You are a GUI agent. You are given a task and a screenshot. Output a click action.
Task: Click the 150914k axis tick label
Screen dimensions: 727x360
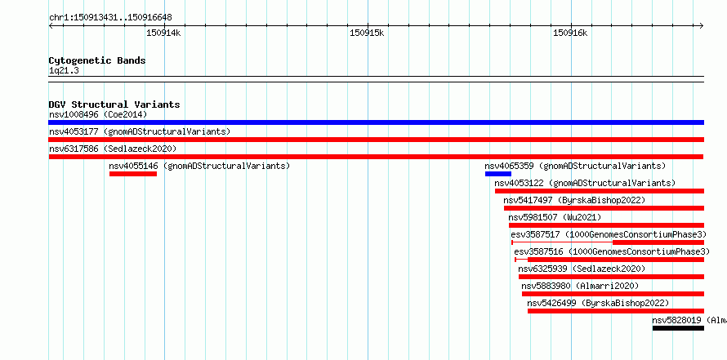(x=163, y=33)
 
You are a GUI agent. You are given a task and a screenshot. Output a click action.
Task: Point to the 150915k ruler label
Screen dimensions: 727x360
(x=367, y=33)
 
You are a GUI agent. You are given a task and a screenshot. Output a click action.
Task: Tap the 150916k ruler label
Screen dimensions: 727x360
(x=570, y=33)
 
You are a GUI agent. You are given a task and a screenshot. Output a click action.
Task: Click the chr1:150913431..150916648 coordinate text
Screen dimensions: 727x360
(x=110, y=18)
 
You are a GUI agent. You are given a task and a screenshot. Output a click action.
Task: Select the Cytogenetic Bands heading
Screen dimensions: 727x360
(x=97, y=60)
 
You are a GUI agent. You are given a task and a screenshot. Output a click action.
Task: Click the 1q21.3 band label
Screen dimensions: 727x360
(x=64, y=70)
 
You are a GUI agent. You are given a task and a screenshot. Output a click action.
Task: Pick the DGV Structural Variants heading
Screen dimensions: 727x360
(x=114, y=104)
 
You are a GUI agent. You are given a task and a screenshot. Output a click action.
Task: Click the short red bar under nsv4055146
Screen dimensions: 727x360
(x=133, y=174)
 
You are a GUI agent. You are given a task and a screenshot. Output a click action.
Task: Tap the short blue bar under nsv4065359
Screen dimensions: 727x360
(x=498, y=174)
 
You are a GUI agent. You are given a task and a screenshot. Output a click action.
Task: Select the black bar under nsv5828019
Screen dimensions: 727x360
(x=678, y=328)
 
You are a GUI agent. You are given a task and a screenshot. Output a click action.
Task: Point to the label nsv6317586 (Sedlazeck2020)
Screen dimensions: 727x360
(x=113, y=149)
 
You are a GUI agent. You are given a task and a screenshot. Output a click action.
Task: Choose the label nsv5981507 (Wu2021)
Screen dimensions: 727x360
(x=555, y=217)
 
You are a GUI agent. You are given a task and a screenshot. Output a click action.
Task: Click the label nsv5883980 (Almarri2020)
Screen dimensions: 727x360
(x=580, y=286)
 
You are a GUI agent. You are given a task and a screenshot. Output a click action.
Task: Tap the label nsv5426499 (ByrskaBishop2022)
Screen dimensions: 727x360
(x=598, y=303)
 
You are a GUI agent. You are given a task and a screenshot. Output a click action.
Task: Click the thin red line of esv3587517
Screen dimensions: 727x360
(x=563, y=242)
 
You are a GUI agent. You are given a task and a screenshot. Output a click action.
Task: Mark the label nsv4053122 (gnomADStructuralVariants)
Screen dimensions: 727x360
(x=585, y=183)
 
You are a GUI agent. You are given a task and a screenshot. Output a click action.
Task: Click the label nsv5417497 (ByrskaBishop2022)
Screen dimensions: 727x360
(x=574, y=200)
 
